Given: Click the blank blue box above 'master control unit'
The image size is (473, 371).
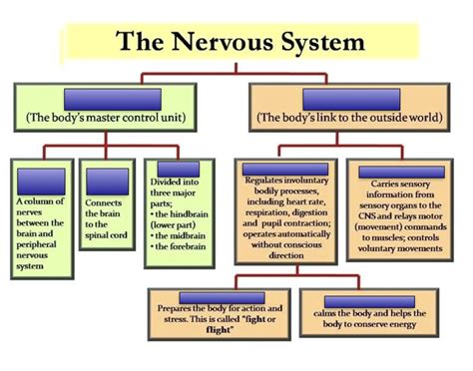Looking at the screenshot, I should (118, 99).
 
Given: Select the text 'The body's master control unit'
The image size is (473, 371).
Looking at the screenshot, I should (118, 117).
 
